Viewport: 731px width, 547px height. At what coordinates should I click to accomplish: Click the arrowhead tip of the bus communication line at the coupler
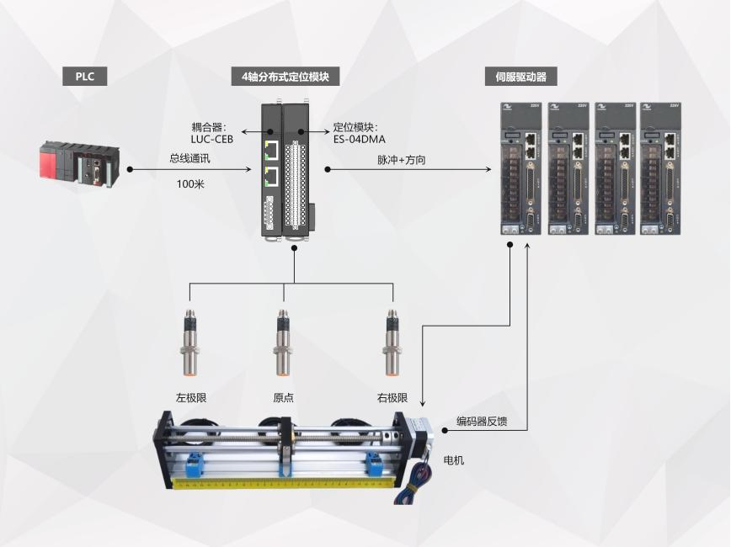(x=251, y=170)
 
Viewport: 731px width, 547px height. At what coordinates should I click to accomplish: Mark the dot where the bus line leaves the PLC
(x=130, y=170)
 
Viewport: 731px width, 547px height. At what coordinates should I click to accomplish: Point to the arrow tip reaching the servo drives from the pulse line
(x=491, y=170)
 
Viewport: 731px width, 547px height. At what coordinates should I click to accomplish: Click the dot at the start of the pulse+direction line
(x=328, y=170)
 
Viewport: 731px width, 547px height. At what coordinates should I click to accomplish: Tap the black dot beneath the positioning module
(x=294, y=248)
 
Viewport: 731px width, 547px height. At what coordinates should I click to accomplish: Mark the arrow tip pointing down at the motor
(x=423, y=406)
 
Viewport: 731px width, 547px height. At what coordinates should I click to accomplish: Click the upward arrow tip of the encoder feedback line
(x=527, y=242)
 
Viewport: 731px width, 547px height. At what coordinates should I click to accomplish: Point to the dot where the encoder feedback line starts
(x=445, y=430)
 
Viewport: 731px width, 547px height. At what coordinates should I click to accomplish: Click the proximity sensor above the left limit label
(x=189, y=342)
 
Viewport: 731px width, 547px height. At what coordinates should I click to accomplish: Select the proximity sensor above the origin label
(x=283, y=342)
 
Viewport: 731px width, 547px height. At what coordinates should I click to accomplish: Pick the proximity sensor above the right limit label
(x=392, y=342)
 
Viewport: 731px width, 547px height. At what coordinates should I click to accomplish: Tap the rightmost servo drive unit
(x=660, y=168)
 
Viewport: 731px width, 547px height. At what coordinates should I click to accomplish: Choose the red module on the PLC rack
(x=47, y=161)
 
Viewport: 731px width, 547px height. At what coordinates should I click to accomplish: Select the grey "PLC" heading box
(x=85, y=77)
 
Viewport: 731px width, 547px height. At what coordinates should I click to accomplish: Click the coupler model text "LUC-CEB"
(x=211, y=140)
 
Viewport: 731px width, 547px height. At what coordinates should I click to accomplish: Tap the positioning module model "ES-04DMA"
(x=360, y=140)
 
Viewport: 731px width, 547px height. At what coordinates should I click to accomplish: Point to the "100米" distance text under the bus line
(x=190, y=184)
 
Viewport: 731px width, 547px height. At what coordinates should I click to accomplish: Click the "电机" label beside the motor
(x=453, y=460)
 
